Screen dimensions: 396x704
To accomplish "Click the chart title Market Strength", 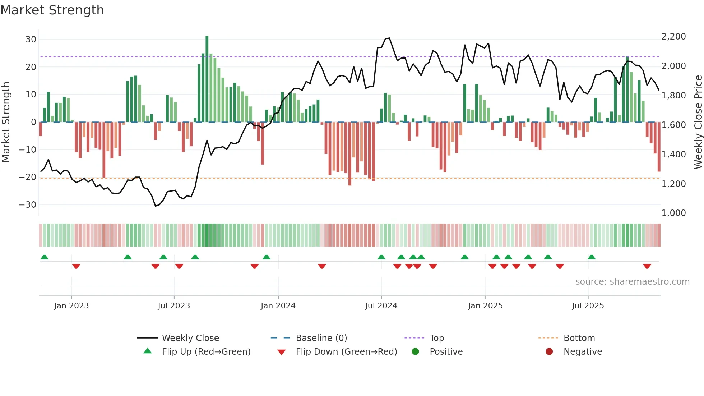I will [52, 10].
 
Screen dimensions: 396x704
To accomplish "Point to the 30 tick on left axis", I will [31, 40].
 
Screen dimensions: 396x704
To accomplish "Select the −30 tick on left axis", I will [28, 205].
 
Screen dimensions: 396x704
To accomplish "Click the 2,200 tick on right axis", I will [673, 37].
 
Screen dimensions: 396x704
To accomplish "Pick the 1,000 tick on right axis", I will [673, 213].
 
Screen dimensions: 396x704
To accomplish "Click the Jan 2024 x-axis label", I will [278, 306].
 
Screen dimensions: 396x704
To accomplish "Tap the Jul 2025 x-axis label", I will [588, 306].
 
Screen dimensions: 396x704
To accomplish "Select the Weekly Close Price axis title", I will [698, 122].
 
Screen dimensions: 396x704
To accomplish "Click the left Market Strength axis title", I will [6, 122].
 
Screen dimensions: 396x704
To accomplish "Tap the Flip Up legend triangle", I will [148, 351].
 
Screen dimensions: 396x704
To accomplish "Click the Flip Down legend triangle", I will [282, 352].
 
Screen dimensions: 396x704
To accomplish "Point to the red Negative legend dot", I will [549, 351].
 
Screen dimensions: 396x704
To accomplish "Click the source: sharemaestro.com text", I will [632, 282].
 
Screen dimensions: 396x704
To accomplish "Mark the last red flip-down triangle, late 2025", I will [647, 266].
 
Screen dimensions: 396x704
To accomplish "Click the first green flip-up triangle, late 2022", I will [45, 257].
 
